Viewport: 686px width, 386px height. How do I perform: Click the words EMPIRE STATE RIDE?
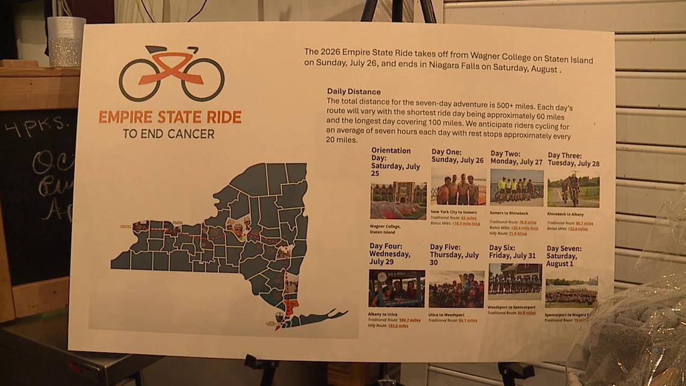170,117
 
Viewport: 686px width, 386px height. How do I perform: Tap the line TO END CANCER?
168,134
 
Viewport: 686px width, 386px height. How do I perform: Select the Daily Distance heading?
353,92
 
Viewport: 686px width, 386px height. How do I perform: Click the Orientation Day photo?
398,201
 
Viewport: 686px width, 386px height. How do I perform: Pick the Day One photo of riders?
458,187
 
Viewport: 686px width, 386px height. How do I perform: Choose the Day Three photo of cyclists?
573,189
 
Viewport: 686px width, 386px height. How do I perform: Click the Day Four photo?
397,288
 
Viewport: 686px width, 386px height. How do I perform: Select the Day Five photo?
456,289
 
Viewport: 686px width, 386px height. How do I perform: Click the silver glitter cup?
66,41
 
